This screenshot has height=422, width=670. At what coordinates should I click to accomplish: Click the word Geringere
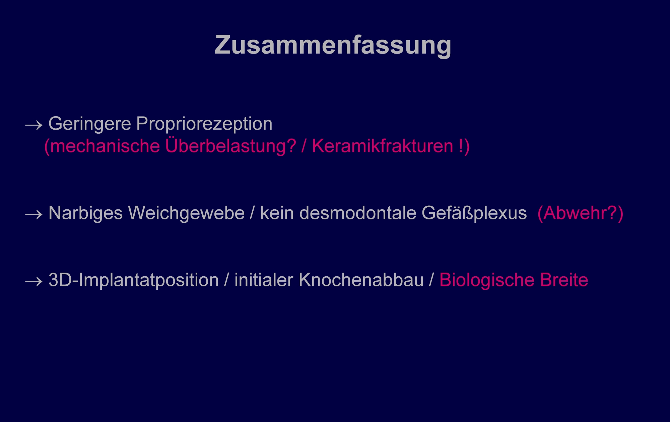click(x=90, y=124)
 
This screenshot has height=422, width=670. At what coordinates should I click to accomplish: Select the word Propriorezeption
click(x=204, y=124)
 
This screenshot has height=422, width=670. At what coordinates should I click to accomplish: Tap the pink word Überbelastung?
click(x=231, y=146)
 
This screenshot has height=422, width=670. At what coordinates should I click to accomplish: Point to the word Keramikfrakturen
click(x=383, y=146)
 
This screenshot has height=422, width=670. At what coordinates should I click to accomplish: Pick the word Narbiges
click(x=86, y=214)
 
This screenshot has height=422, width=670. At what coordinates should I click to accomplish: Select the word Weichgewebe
click(x=186, y=214)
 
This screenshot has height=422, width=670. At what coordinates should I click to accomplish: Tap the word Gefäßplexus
click(x=474, y=214)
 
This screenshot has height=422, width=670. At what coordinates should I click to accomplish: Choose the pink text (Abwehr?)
click(x=580, y=214)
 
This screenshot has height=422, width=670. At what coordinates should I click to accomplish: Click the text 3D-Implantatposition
click(x=134, y=280)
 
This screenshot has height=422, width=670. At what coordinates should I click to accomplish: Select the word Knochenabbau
click(x=361, y=280)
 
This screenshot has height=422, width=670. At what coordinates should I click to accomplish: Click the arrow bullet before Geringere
click(x=34, y=126)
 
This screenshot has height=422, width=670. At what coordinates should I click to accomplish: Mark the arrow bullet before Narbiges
click(x=34, y=214)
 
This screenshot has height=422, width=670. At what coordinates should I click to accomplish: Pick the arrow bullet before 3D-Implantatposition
click(x=34, y=281)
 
